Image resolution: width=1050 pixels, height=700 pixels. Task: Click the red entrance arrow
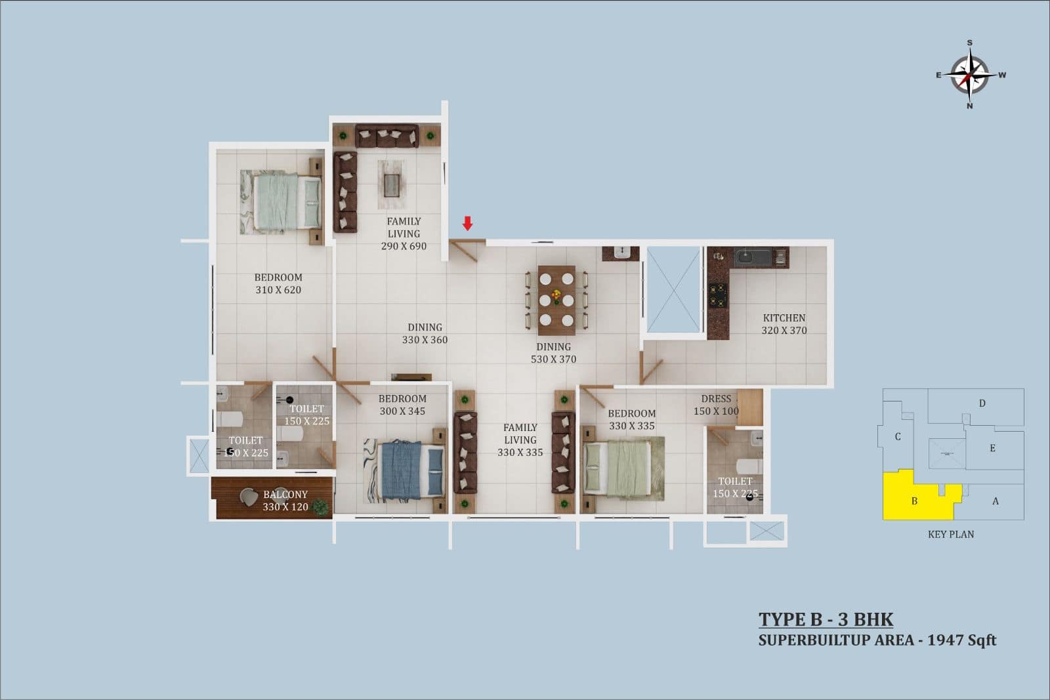[467, 223]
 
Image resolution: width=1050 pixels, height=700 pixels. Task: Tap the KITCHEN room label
[784, 318]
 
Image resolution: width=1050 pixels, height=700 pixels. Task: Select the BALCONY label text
[285, 494]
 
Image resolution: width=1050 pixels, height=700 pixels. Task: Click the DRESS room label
[716, 399]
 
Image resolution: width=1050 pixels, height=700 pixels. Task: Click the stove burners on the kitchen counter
[718, 296]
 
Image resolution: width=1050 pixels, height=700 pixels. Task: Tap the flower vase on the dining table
[556, 296]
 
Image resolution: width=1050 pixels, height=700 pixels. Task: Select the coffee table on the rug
[391, 185]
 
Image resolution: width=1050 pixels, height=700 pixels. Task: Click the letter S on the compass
[970, 43]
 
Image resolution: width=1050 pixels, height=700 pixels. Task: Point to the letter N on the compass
[970, 106]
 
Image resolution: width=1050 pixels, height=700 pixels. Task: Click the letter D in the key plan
[982, 403]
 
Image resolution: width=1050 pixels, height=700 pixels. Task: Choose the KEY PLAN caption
[951, 534]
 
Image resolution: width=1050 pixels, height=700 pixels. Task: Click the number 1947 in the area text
[944, 640]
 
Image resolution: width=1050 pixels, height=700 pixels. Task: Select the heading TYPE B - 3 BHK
[826, 619]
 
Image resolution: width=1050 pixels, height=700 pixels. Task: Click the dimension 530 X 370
[554, 359]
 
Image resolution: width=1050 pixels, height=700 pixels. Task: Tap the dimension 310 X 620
[278, 289]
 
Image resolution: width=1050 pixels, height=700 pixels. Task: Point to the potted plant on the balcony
[321, 507]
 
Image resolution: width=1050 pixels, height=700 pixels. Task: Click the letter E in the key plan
[992, 448]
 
